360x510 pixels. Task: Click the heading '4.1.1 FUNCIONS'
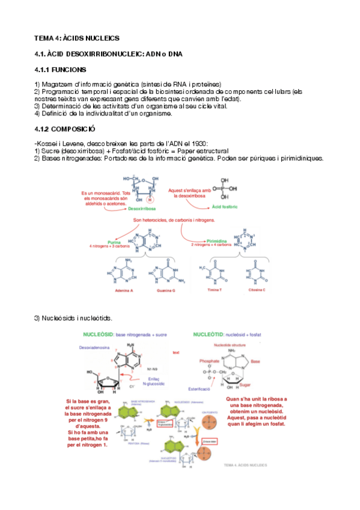click(60, 69)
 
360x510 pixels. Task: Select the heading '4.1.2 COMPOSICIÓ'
click(64, 129)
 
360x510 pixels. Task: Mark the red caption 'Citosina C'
click(256, 290)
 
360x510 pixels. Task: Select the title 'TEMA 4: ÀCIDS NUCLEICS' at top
click(77, 38)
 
